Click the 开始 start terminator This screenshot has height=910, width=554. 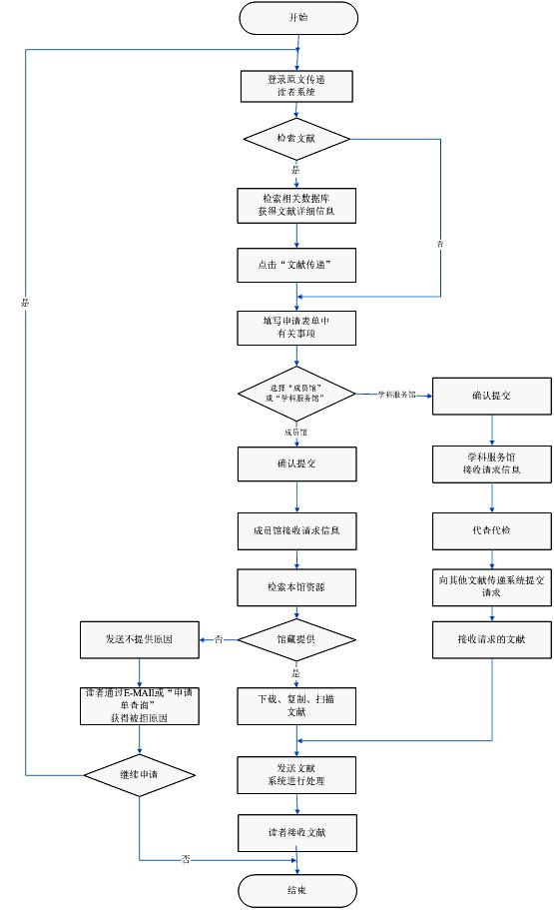297,17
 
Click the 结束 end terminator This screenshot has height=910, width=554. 297,889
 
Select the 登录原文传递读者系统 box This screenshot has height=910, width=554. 297,86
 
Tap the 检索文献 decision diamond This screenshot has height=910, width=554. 297,138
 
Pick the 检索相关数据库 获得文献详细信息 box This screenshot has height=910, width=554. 297,205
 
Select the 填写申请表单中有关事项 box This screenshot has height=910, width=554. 297,330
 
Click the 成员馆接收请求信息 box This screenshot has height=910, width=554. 297,528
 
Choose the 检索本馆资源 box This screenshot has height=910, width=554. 297,587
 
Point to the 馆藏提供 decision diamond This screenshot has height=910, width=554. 297,638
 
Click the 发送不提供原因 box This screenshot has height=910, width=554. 140,638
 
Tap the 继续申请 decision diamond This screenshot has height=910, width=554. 140,774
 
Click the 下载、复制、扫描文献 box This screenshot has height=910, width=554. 297,705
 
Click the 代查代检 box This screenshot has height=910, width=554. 492,529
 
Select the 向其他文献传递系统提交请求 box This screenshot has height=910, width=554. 492,587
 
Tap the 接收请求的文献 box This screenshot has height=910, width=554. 492,639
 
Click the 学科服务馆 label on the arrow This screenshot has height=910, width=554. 397,395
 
